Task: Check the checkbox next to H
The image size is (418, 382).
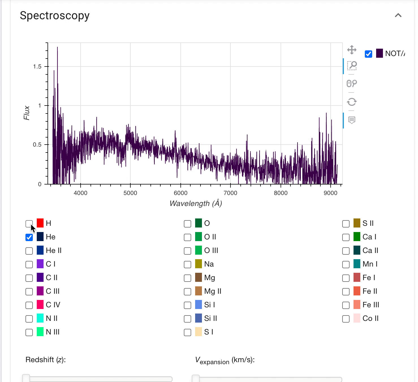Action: pyautogui.click(x=29, y=224)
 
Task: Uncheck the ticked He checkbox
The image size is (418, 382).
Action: pyautogui.click(x=29, y=237)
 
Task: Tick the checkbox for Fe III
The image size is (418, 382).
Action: pyautogui.click(x=346, y=305)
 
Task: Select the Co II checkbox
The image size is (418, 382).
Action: pyautogui.click(x=346, y=319)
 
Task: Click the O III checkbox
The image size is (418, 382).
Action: pyautogui.click(x=188, y=251)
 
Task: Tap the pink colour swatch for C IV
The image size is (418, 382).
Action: pyautogui.click(x=40, y=305)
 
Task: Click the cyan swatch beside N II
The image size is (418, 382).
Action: pyautogui.click(x=40, y=318)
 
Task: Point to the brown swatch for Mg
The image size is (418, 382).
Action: pyautogui.click(x=199, y=278)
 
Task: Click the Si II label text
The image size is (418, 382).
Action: pyautogui.click(x=210, y=318)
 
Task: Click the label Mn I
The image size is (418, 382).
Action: pyautogui.click(x=370, y=264)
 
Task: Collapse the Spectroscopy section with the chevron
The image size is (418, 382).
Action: pyautogui.click(x=398, y=15)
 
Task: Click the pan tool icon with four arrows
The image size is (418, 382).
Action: pyautogui.click(x=352, y=50)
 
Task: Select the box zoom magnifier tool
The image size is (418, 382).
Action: pyautogui.click(x=352, y=66)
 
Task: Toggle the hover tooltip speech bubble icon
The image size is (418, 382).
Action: pyautogui.click(x=352, y=120)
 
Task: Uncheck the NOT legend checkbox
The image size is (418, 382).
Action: pyautogui.click(x=369, y=54)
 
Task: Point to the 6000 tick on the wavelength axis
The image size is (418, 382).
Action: pyautogui.click(x=180, y=193)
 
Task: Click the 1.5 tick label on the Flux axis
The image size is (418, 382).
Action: pyautogui.click(x=37, y=66)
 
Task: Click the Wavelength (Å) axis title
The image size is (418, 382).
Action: pyautogui.click(x=196, y=203)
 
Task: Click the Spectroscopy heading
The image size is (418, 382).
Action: pyautogui.click(x=55, y=16)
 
